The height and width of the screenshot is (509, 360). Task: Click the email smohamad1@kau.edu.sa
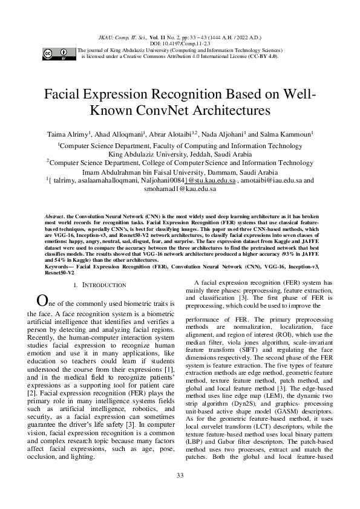180,189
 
